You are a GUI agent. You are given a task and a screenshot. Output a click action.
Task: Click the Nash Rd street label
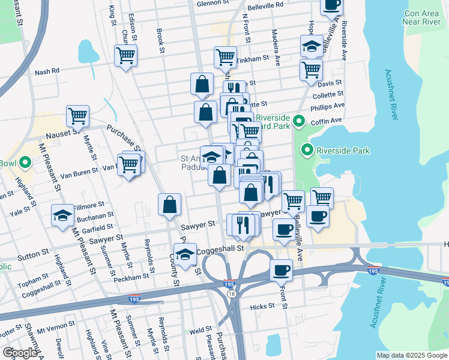pyautogui.click(x=47, y=71)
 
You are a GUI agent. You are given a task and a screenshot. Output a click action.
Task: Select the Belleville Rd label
pyautogui.click(x=265, y=4)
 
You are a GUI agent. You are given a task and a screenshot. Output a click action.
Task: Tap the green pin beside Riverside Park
pyautogui.click(x=308, y=150)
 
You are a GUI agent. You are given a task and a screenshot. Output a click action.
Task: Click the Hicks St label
pyautogui.click(x=262, y=307)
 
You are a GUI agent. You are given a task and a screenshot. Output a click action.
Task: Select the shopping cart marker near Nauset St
pyautogui.click(x=77, y=116)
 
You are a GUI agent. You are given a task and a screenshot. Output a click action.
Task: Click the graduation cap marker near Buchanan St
pyautogui.click(x=62, y=215)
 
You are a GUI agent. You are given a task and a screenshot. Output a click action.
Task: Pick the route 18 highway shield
pyautogui.click(x=232, y=292)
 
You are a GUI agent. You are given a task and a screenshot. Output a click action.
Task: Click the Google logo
pyautogui.click(x=20, y=353)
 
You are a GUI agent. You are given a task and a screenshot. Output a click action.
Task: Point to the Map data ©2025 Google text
pyautogui.click(x=412, y=355)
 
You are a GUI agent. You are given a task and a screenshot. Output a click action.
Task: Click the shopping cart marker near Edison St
pyautogui.click(x=126, y=56)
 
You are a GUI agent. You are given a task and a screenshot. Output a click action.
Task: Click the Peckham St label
pyautogui.click(x=133, y=277)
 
